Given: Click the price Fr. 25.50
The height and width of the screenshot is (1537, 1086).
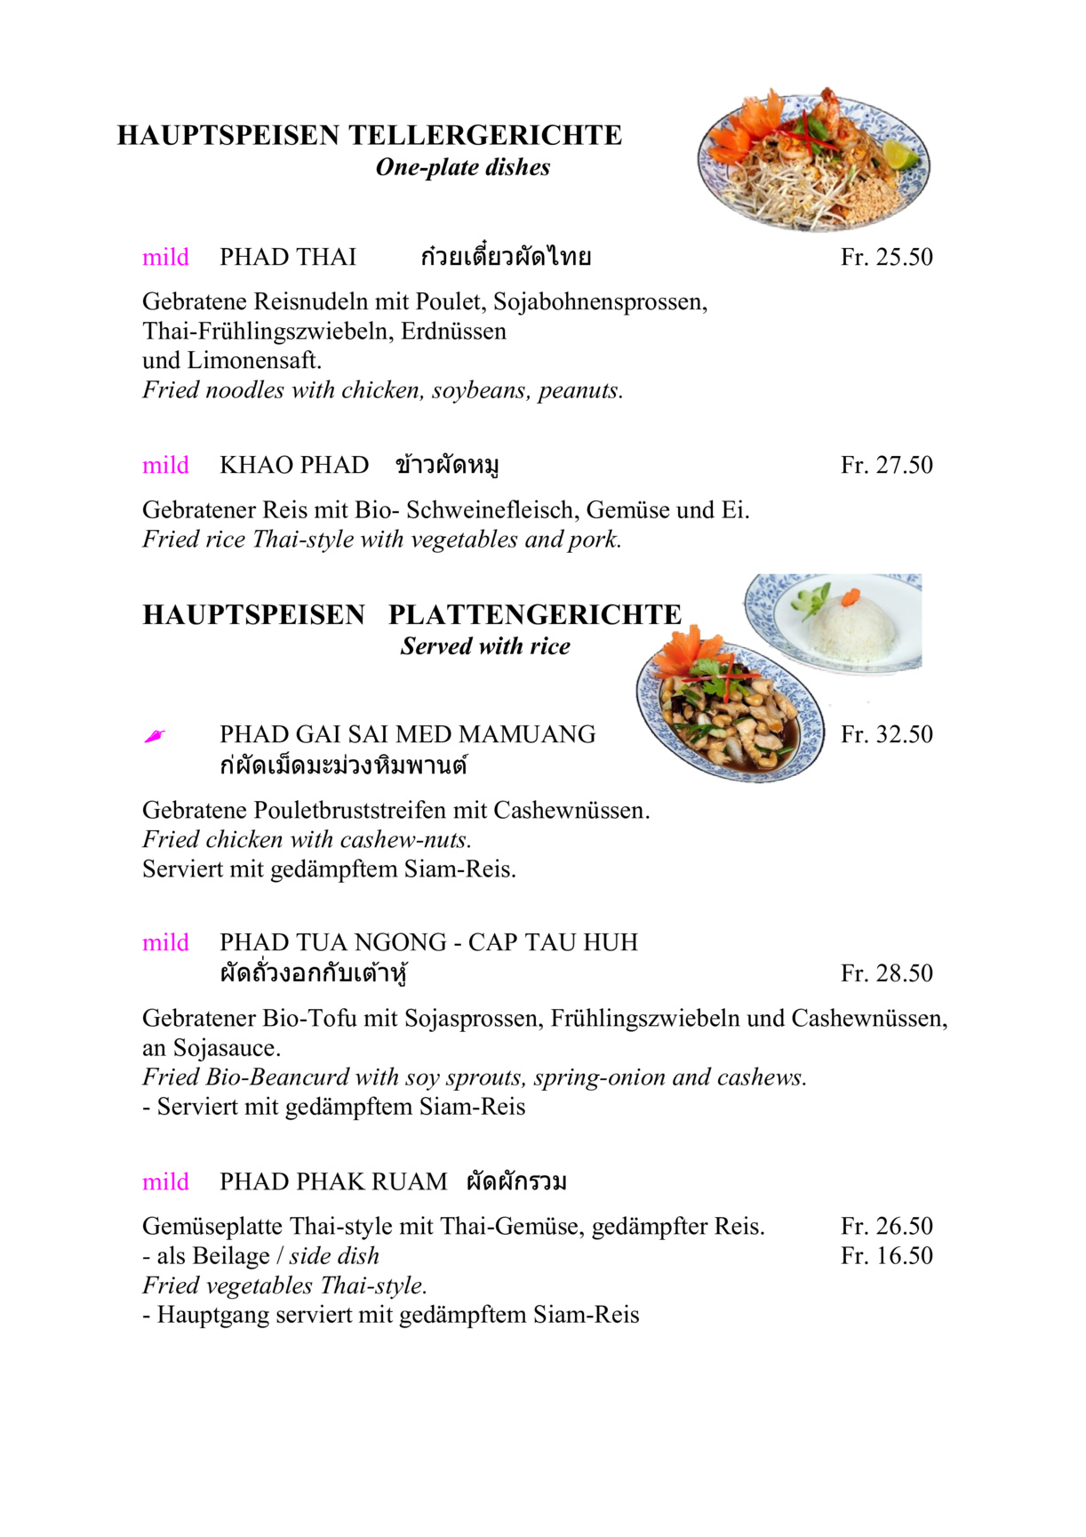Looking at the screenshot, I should [x=886, y=258].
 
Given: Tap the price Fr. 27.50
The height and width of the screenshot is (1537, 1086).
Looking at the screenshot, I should [x=886, y=466].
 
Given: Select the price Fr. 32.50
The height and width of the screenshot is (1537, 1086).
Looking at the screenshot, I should [x=886, y=735].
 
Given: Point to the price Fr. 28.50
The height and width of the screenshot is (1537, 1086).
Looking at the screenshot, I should [x=886, y=973].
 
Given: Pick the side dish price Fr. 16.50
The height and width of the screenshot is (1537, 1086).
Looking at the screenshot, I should [x=886, y=1256].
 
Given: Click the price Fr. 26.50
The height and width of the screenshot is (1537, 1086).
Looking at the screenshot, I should [x=886, y=1227].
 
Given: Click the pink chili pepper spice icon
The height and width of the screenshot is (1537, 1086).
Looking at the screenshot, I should [x=155, y=736].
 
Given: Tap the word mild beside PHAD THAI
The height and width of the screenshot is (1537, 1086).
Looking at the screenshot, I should [x=165, y=258].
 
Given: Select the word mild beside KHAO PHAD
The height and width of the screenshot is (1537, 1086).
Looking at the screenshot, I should [x=165, y=466].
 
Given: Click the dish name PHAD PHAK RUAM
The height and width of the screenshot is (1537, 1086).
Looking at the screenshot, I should [x=333, y=1182].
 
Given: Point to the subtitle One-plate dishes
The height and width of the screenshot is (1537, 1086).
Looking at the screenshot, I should [x=462, y=167].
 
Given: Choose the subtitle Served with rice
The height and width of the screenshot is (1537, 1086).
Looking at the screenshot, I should [x=484, y=646].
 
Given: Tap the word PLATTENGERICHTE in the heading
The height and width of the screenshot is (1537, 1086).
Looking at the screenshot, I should [x=534, y=615].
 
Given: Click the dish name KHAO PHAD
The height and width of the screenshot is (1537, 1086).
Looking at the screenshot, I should [x=294, y=466].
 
